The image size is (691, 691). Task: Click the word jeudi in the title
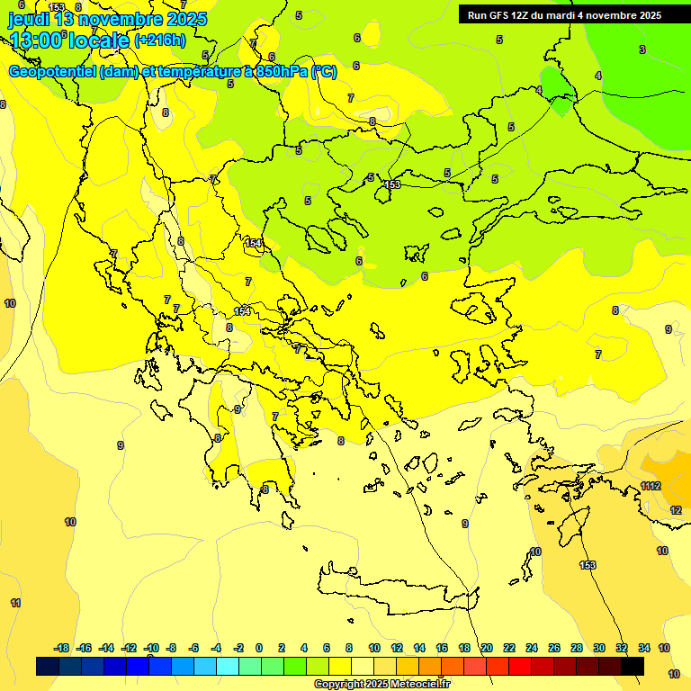pos(29,18)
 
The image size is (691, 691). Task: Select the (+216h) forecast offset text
pos(159,40)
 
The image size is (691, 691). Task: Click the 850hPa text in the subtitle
pos(279,72)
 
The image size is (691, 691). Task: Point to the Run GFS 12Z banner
pos(565,15)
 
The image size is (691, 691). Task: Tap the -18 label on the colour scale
pos(61,648)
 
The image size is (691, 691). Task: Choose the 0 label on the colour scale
pos(259,648)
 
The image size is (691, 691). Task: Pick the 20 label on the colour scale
pos(487,648)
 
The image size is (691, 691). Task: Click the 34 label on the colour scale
pos(644,648)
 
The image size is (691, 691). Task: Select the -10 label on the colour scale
pos(151,648)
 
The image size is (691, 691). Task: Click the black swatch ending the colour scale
pos(633,666)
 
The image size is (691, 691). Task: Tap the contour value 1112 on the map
pos(651,487)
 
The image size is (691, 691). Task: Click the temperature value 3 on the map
pos(642,49)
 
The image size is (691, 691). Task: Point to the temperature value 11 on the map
pos(15,603)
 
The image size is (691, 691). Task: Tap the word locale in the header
pos(99,40)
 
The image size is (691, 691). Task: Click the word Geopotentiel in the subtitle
pos(51,72)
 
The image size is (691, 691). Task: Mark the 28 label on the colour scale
pos(577,648)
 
